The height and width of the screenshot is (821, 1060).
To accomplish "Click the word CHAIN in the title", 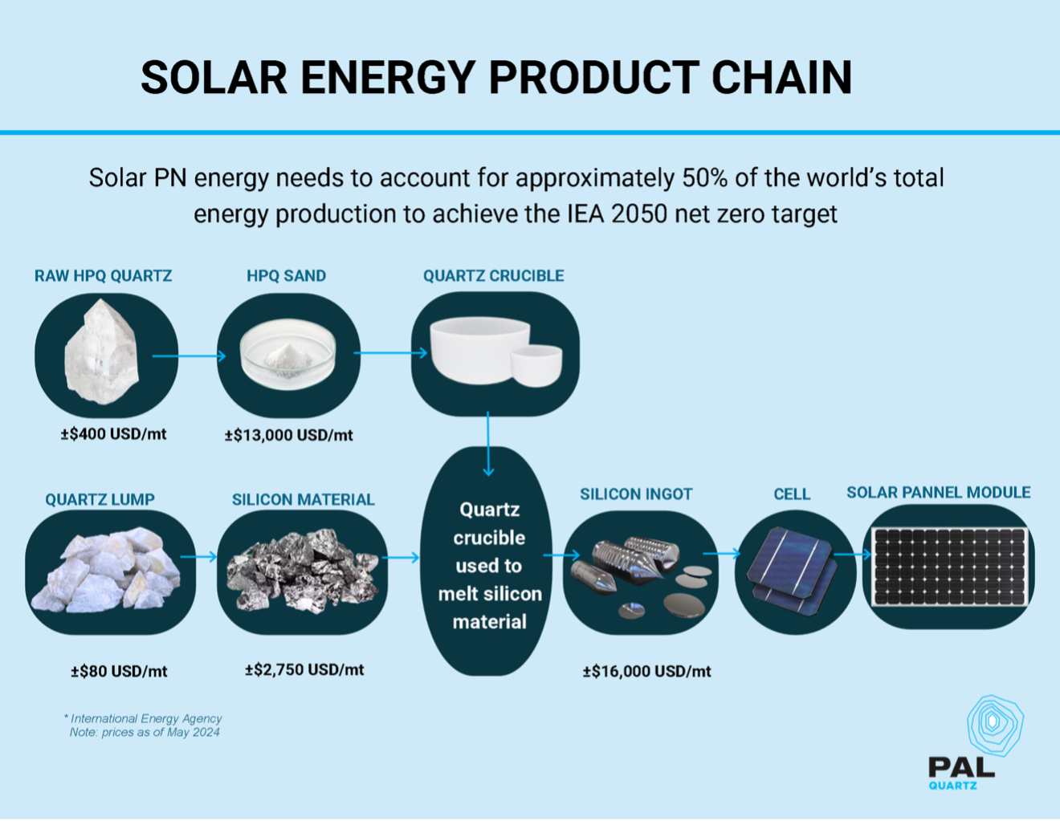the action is pos(781,77).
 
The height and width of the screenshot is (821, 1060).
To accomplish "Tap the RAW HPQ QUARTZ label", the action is pos(103,276).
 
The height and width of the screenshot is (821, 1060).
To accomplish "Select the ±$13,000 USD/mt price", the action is pos(289,435).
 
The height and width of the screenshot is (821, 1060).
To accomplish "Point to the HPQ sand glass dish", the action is pos(287,354).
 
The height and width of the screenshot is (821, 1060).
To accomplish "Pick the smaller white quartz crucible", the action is pos(536,366).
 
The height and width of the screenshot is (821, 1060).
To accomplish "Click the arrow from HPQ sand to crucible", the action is pos(391,352).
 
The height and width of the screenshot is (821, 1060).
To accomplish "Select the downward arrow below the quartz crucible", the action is pos(488,444).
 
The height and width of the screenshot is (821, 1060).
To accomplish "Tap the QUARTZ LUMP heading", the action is pos(100,499).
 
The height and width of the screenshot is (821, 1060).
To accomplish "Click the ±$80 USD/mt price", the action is pos(119,672).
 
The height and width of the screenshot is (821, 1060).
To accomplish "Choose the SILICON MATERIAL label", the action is pos(303,499).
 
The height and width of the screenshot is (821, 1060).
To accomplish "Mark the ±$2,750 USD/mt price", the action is pos(304,669).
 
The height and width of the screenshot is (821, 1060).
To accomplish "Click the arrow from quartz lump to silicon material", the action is pos(198,557).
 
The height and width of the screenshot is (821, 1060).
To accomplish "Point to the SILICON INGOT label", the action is pos(636,494).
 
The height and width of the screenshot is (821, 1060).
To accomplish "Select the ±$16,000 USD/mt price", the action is pos(646,672).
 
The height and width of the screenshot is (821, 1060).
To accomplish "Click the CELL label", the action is pos(793,494).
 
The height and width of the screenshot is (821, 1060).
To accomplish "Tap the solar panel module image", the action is pos(949,567).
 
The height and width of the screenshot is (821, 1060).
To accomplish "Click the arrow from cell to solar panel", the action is pos(852,555).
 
